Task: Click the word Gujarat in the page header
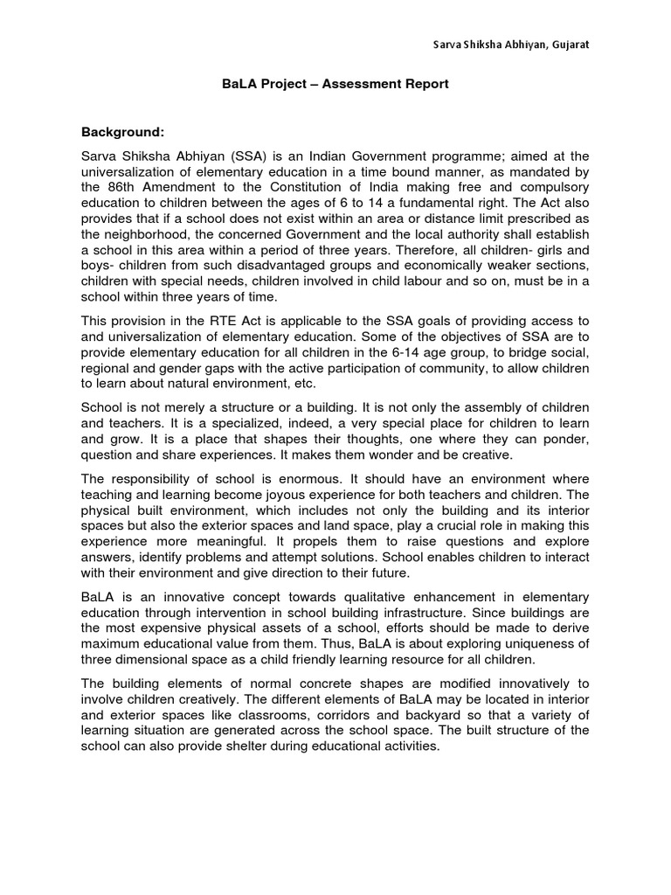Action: [x=569, y=45]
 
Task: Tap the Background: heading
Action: [x=122, y=132]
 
